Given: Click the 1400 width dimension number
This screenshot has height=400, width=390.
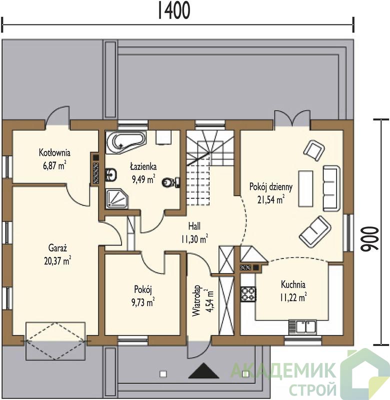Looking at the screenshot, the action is click(x=174, y=10).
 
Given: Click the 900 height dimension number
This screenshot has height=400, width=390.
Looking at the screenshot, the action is click(x=370, y=239).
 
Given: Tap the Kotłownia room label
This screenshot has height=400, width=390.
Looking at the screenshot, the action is click(x=54, y=153).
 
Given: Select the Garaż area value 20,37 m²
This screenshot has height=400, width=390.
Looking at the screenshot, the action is click(x=57, y=261).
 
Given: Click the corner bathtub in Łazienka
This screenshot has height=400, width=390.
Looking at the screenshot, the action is click(x=126, y=142).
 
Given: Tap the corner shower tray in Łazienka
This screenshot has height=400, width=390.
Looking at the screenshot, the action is click(x=116, y=198).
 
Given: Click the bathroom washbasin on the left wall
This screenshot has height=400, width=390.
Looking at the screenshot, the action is click(x=111, y=174).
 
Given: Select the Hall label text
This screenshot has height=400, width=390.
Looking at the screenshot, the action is click(x=194, y=226).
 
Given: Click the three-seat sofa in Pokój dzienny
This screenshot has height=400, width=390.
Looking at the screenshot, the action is click(x=331, y=188).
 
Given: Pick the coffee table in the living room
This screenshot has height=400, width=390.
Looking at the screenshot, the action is click(x=305, y=188).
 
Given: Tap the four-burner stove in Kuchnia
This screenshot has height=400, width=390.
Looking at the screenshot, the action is click(x=248, y=294).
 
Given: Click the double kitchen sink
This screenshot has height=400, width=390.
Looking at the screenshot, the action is click(x=302, y=327).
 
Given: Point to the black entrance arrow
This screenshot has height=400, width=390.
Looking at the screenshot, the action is click(x=203, y=370).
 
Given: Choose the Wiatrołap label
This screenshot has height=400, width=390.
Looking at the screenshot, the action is click(x=197, y=301).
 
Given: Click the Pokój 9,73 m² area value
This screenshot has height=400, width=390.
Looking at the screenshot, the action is click(x=143, y=302).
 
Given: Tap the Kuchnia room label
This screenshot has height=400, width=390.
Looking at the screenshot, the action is click(x=293, y=284).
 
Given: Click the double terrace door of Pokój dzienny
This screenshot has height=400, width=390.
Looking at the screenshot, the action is click(x=292, y=118).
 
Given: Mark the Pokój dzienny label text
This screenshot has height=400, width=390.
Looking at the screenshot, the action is click(x=271, y=187).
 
